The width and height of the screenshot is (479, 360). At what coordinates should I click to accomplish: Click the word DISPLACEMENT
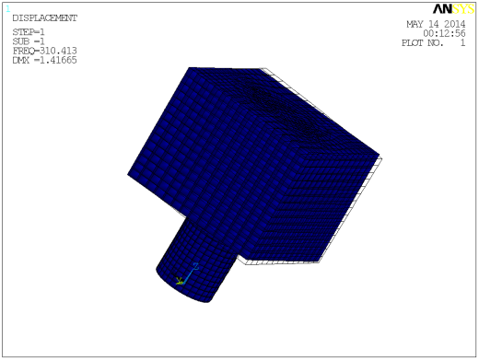(44, 17)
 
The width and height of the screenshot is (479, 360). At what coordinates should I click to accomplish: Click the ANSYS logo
(448, 10)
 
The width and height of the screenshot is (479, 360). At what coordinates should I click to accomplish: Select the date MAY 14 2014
(436, 25)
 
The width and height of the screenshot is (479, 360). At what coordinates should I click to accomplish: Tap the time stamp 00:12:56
(444, 33)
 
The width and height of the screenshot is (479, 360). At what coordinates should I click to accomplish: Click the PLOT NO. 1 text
(433, 43)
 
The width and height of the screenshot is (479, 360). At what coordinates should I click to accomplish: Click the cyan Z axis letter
(195, 266)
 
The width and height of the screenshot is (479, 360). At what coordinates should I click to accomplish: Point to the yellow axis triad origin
(181, 281)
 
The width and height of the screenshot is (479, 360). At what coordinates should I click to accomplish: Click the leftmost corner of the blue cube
(129, 172)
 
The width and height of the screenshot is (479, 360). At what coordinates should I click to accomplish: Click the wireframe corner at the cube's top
(265, 70)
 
